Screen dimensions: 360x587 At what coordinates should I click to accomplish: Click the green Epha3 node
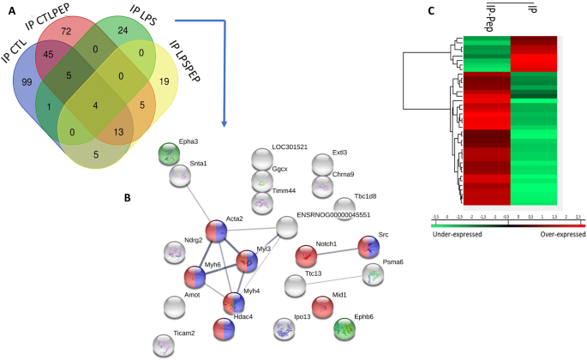(x=173, y=155)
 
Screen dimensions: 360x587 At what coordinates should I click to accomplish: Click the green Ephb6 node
(x=345, y=329)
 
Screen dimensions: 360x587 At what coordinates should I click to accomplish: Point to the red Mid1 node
(x=323, y=306)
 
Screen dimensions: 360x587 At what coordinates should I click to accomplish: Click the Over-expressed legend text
(x=550, y=233)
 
